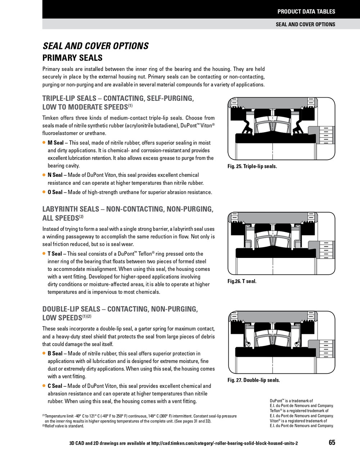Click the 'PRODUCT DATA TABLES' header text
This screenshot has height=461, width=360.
(x=306, y=12)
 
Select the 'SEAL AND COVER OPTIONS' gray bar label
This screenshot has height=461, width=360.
(x=305, y=24)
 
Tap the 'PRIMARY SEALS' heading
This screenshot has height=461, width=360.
(x=72, y=58)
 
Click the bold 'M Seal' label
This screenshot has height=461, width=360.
(x=55, y=143)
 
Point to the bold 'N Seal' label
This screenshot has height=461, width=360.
(x=55, y=175)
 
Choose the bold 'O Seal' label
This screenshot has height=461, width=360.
(x=55, y=192)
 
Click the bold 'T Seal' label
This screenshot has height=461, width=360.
(x=55, y=254)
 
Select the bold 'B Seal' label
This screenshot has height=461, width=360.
(x=55, y=354)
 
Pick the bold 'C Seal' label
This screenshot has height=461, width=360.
(x=55, y=386)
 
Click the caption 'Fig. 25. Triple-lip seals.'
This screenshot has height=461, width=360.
(x=252, y=166)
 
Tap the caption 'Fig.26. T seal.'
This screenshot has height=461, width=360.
(x=242, y=281)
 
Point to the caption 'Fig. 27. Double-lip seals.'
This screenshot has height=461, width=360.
(x=253, y=380)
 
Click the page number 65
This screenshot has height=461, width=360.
(x=332, y=443)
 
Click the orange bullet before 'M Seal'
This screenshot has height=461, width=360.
(x=44, y=143)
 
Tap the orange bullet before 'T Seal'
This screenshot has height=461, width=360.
(x=44, y=254)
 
